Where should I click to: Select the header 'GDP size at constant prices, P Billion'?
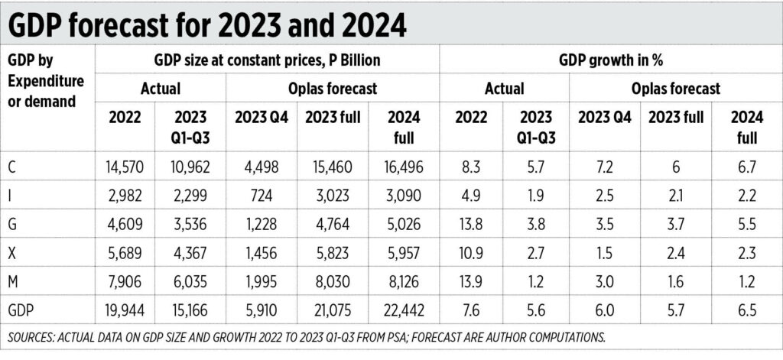click(267, 60)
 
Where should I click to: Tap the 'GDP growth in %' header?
click(611, 60)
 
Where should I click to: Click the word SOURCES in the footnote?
click(34, 336)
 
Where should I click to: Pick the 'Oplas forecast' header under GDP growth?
click(675, 89)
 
